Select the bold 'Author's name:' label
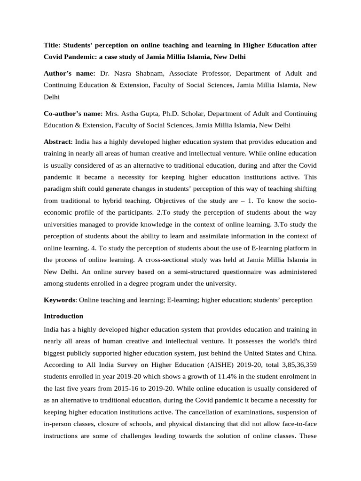pos(70,74)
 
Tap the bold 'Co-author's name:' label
pos(73,114)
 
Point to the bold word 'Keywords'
pos(59,300)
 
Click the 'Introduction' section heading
pos(63,316)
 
